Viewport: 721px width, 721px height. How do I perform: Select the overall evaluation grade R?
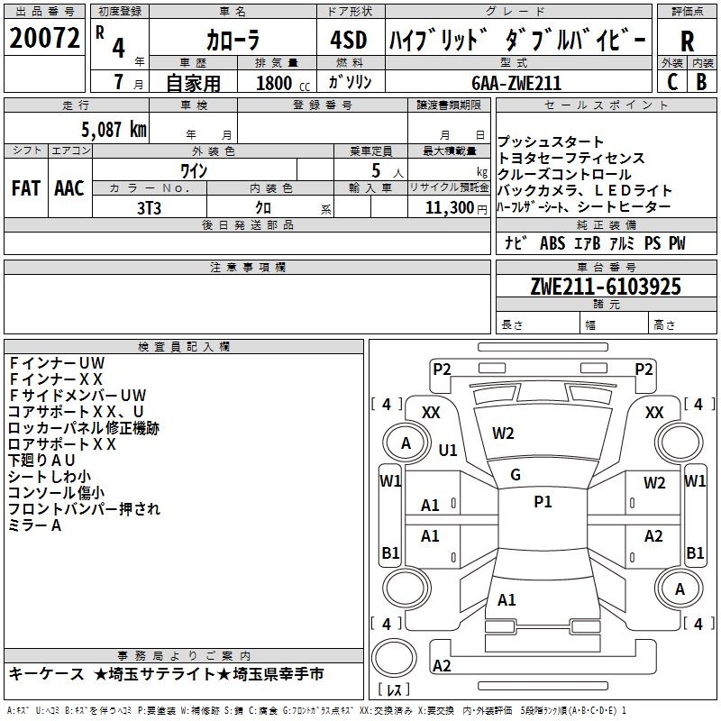688,41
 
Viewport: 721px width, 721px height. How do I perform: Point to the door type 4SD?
349,41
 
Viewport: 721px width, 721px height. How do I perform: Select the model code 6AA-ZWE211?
516,83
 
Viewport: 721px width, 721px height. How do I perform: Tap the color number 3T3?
149,207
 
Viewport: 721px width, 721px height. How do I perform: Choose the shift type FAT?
25,188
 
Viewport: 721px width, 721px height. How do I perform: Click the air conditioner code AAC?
69,188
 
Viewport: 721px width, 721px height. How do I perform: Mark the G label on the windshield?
516,475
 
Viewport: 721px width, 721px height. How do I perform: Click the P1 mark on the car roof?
543,502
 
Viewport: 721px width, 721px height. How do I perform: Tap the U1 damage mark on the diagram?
448,450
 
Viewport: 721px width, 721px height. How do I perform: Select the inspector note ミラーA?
35,525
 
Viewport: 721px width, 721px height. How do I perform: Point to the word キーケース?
44,674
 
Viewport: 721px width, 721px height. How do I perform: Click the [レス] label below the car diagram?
394,690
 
